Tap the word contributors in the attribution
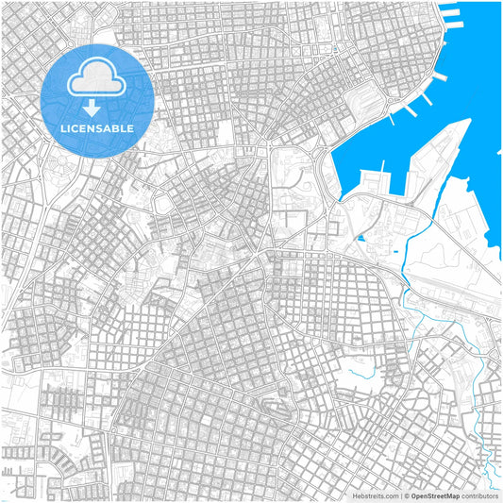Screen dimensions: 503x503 [479, 495]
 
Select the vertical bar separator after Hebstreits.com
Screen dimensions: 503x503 [399, 495]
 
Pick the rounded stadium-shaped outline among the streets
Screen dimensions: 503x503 [162, 204]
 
